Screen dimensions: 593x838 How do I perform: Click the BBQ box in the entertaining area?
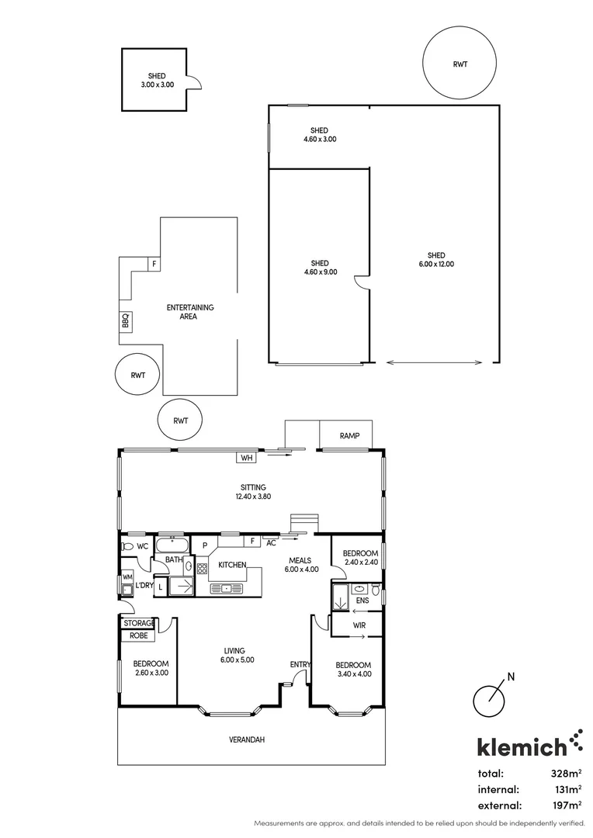point(126,320)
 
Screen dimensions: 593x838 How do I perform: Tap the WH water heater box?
point(246,458)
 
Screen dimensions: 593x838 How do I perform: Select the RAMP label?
point(350,436)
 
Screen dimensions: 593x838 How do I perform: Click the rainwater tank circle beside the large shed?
point(459,64)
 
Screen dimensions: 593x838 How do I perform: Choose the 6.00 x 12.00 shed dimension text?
point(436,264)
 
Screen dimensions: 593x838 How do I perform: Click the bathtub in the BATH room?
point(172,545)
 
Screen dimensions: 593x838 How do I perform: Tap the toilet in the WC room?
point(127,547)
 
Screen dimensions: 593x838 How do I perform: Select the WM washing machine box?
point(127,577)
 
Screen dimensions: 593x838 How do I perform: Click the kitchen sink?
point(226,589)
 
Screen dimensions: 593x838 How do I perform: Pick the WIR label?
point(359,625)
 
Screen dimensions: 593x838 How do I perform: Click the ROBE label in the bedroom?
point(139,636)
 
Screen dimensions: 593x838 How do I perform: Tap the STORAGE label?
point(139,623)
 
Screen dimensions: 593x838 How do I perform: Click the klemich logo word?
point(522,746)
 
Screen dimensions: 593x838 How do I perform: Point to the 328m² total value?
point(567,774)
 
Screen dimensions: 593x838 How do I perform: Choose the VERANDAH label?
point(247,739)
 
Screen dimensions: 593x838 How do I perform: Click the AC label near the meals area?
point(271,543)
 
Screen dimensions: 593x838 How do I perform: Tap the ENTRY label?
point(300,664)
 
